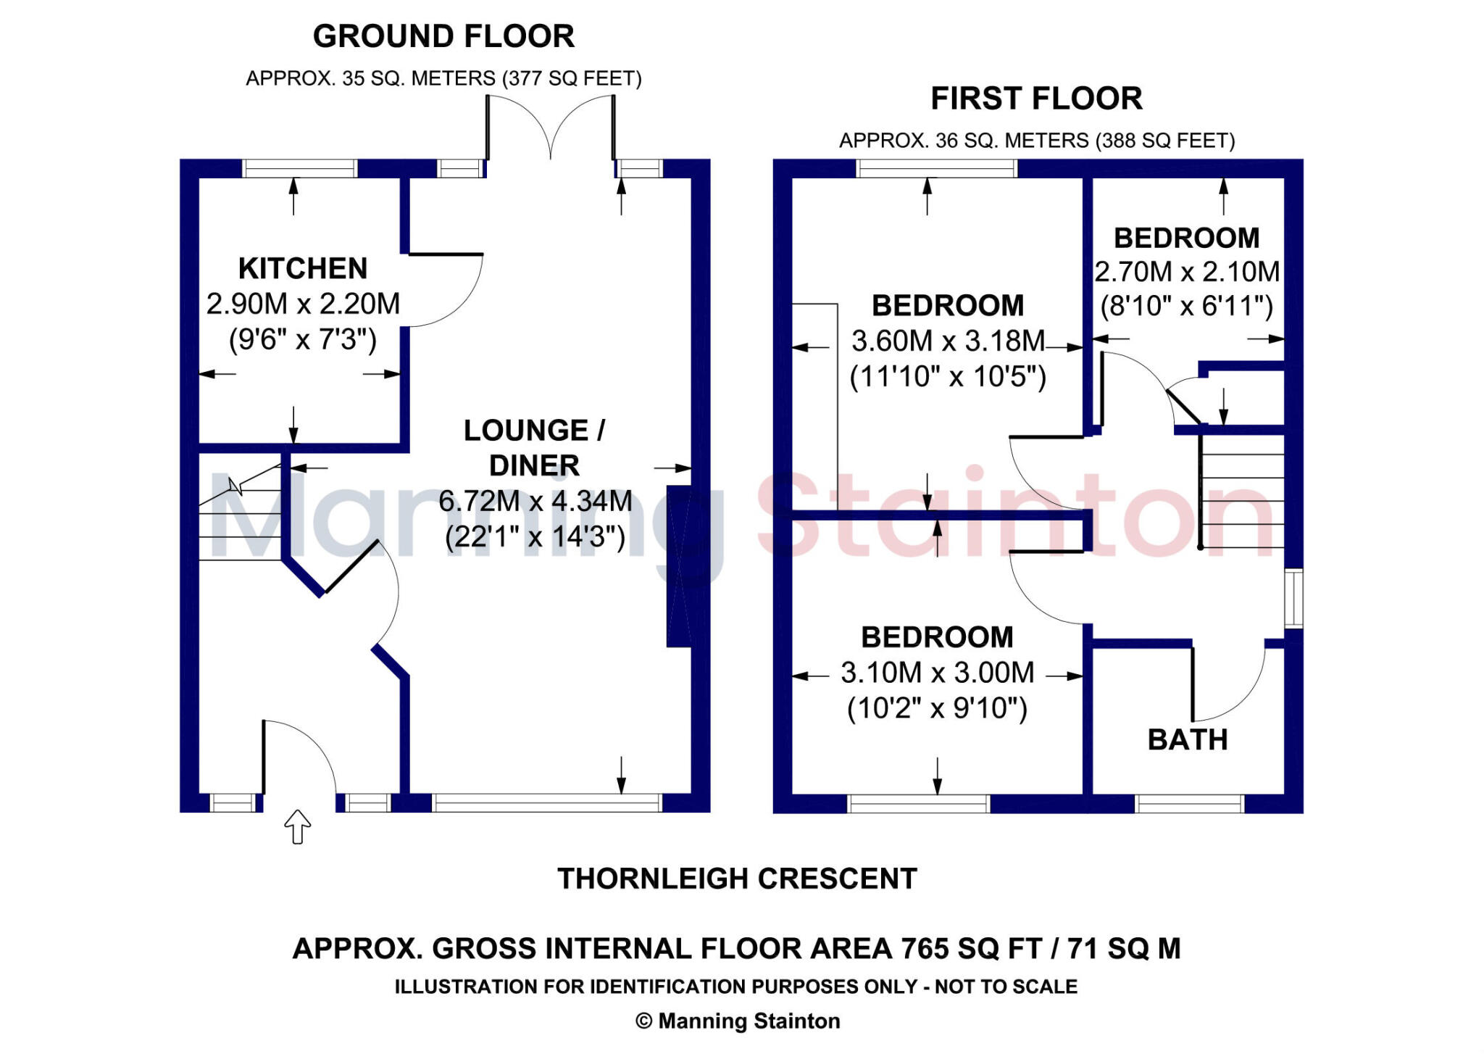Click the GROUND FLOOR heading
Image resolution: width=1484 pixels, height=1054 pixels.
tap(443, 37)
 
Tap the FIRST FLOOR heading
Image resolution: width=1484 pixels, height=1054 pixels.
tap(1036, 99)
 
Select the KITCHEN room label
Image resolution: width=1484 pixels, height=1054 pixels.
tap(303, 269)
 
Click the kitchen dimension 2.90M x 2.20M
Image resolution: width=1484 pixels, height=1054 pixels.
tap(303, 304)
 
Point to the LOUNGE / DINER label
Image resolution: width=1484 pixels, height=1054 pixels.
tap(535, 448)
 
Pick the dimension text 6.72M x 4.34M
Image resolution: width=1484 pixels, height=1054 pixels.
tap(535, 501)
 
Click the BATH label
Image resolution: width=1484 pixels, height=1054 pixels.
tap(1188, 740)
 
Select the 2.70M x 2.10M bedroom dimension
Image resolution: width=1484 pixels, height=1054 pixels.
tap(1187, 273)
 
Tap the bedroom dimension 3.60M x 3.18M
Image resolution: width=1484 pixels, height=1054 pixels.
tap(948, 341)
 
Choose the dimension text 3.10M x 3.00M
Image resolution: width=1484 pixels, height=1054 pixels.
tap(938, 673)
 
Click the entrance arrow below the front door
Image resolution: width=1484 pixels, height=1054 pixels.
tap(297, 826)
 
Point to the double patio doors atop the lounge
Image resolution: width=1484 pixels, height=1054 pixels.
tap(551, 130)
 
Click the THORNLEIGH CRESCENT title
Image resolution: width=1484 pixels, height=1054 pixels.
tap(737, 879)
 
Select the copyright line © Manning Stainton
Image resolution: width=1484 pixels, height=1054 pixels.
tap(738, 1021)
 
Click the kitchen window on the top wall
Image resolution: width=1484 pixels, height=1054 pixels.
tap(299, 169)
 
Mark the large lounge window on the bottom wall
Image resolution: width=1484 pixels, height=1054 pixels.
tap(547, 802)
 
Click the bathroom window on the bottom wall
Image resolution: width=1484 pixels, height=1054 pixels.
tap(1189, 803)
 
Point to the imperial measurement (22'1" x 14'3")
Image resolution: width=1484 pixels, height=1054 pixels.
tap(535, 537)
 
